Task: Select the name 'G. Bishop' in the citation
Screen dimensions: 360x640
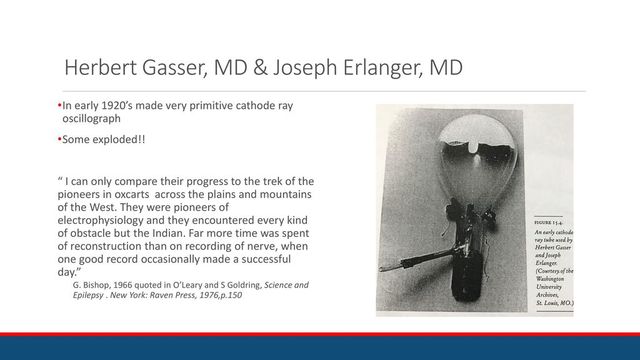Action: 95,285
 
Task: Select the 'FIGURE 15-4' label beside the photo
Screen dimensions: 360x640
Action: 549,220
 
